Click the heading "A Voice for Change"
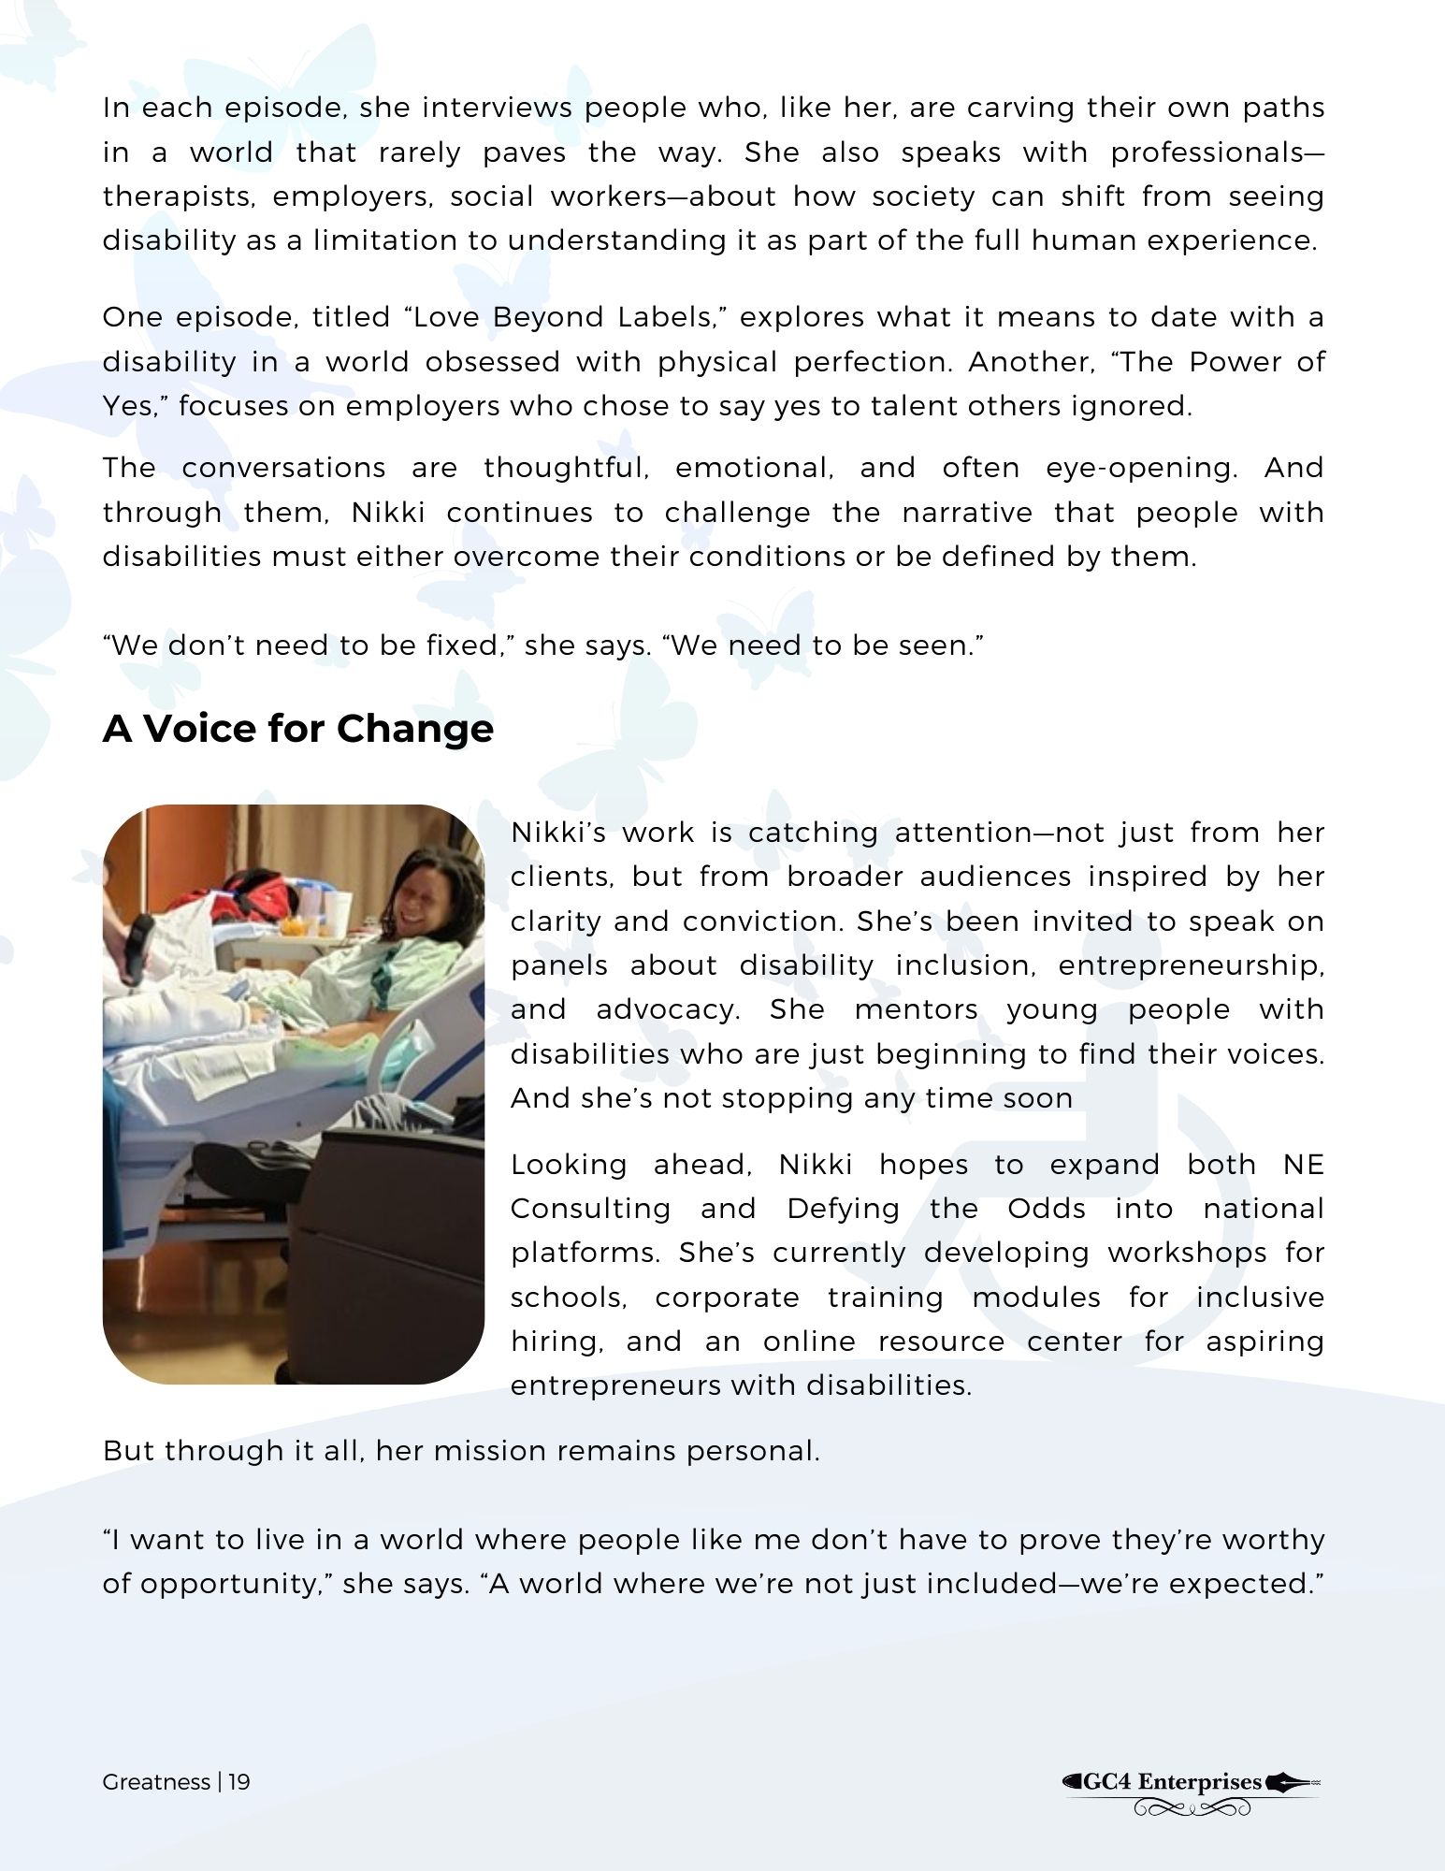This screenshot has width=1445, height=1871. click(x=297, y=729)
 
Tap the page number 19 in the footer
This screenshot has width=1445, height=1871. click(x=239, y=1781)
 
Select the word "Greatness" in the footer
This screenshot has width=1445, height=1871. click(x=156, y=1781)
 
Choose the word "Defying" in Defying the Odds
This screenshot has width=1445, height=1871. click(x=843, y=1209)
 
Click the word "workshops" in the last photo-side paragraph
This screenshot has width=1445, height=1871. click(x=1183, y=1253)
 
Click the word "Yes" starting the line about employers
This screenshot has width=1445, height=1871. click(x=128, y=406)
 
